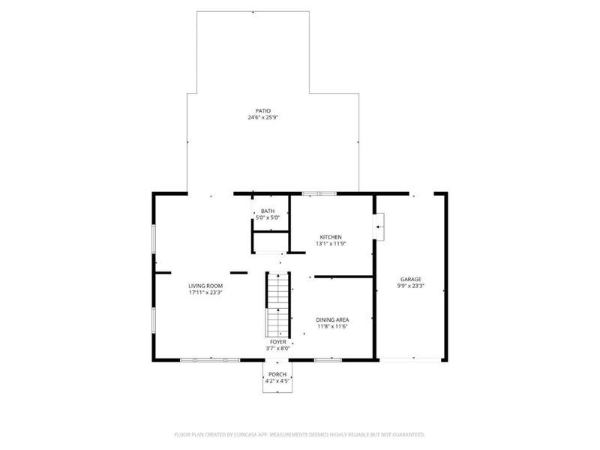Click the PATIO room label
[262, 111]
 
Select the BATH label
[268, 211]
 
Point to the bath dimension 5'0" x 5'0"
[268, 217]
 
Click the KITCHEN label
[331, 236]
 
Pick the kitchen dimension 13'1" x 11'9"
[331, 243]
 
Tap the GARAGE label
[411, 279]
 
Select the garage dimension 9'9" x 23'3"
[411, 286]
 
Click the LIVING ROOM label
[205, 286]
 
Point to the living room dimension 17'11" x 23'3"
[205, 292]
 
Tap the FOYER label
[278, 341]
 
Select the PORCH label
[277, 374]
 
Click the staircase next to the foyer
[277, 304]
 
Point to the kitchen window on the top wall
[319, 193]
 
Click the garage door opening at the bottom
[410, 361]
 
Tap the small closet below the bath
[270, 242]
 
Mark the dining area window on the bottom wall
[328, 361]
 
